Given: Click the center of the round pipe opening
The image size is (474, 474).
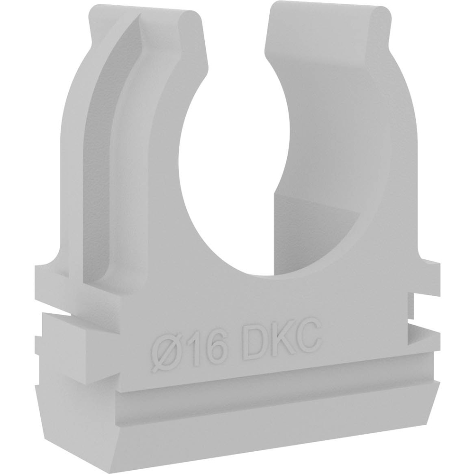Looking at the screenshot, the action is pos(234,169).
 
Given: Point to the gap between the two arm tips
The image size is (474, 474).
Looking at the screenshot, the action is pos(236,30).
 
